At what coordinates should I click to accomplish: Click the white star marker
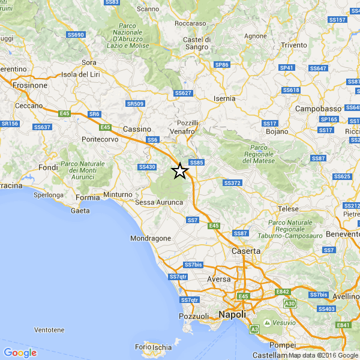coord(180,172)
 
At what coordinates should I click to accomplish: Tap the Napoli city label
coord(233,314)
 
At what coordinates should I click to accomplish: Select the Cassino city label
coord(136,129)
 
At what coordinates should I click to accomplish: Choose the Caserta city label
coord(247,250)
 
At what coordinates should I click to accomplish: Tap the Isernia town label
coord(224,98)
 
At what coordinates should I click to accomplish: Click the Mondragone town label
coord(151,238)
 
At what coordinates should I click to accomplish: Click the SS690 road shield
coord(76,35)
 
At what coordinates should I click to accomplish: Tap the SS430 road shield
coord(147,167)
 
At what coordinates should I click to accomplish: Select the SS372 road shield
coord(232,183)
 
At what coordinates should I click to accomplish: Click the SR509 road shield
coord(136,104)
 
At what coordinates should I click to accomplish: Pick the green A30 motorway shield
coord(290,304)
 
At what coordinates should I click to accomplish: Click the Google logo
coord(20,353)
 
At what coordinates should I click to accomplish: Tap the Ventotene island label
coord(50,330)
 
